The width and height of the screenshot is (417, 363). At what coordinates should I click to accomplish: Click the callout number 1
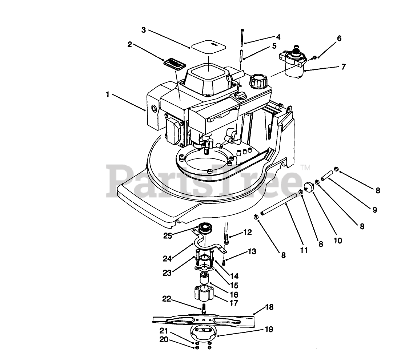108,94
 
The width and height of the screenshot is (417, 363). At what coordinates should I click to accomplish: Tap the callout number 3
144,30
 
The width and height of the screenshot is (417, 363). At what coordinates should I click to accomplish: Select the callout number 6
339,38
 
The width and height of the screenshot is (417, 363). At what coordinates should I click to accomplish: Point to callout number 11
304,250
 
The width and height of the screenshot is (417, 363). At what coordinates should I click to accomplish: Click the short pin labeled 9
327,174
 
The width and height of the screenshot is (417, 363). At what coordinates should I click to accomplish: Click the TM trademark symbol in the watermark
306,168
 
